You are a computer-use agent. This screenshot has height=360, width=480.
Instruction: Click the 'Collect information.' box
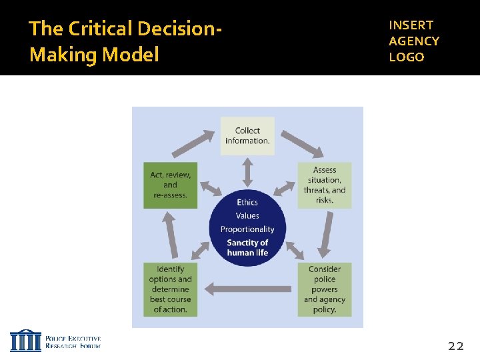pyautogui.click(x=247, y=136)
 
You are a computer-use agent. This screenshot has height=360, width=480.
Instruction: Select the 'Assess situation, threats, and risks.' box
pyautogui.click(x=324, y=185)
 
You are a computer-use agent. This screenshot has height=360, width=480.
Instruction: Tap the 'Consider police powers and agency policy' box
pyautogui.click(x=324, y=289)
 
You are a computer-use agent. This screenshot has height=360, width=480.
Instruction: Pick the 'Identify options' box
pyautogui.click(x=171, y=289)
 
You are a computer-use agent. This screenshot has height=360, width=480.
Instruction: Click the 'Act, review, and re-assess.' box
pyautogui.click(x=171, y=185)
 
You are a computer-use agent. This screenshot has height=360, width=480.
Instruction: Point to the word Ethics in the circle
pyautogui.click(x=247, y=202)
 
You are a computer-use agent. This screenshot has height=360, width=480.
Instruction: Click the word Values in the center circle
pyautogui.click(x=247, y=215)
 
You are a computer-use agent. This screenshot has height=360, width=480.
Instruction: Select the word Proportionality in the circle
pyautogui.click(x=247, y=229)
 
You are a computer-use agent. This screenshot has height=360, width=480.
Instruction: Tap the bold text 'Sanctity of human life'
pyautogui.click(x=247, y=247)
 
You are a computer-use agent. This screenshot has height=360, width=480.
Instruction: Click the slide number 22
pyautogui.click(x=456, y=345)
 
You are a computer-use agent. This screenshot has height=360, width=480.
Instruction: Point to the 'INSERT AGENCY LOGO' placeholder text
pyautogui.click(x=414, y=41)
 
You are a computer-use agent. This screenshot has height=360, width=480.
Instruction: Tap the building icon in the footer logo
pyautogui.click(x=25, y=340)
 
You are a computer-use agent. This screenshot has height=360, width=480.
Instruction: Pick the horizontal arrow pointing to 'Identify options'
pyautogui.click(x=248, y=289)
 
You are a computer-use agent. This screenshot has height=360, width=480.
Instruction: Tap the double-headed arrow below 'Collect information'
pyautogui.click(x=247, y=172)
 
